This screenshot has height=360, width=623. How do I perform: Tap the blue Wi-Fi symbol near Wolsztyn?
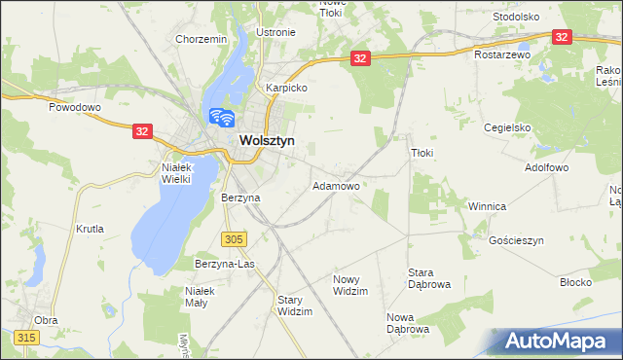(x=222, y=118)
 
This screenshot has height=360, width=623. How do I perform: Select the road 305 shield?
(x=234, y=238)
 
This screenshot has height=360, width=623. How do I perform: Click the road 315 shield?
(x=26, y=337)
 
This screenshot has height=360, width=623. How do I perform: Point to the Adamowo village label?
(x=336, y=185)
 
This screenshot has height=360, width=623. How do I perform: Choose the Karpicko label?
(x=287, y=88)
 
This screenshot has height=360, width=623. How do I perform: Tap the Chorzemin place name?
(x=201, y=39)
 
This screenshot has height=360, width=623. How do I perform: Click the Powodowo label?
(x=75, y=107)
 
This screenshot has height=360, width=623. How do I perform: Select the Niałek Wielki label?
(x=178, y=172)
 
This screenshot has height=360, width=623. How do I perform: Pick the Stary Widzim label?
(x=295, y=306)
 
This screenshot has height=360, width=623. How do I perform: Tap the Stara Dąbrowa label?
(x=421, y=278)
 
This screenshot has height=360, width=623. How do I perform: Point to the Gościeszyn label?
(x=516, y=239)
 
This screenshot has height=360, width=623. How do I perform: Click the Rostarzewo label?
(x=502, y=55)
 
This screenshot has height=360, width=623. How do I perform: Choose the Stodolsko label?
(x=516, y=18)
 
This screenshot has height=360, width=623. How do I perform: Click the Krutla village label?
(x=89, y=229)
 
